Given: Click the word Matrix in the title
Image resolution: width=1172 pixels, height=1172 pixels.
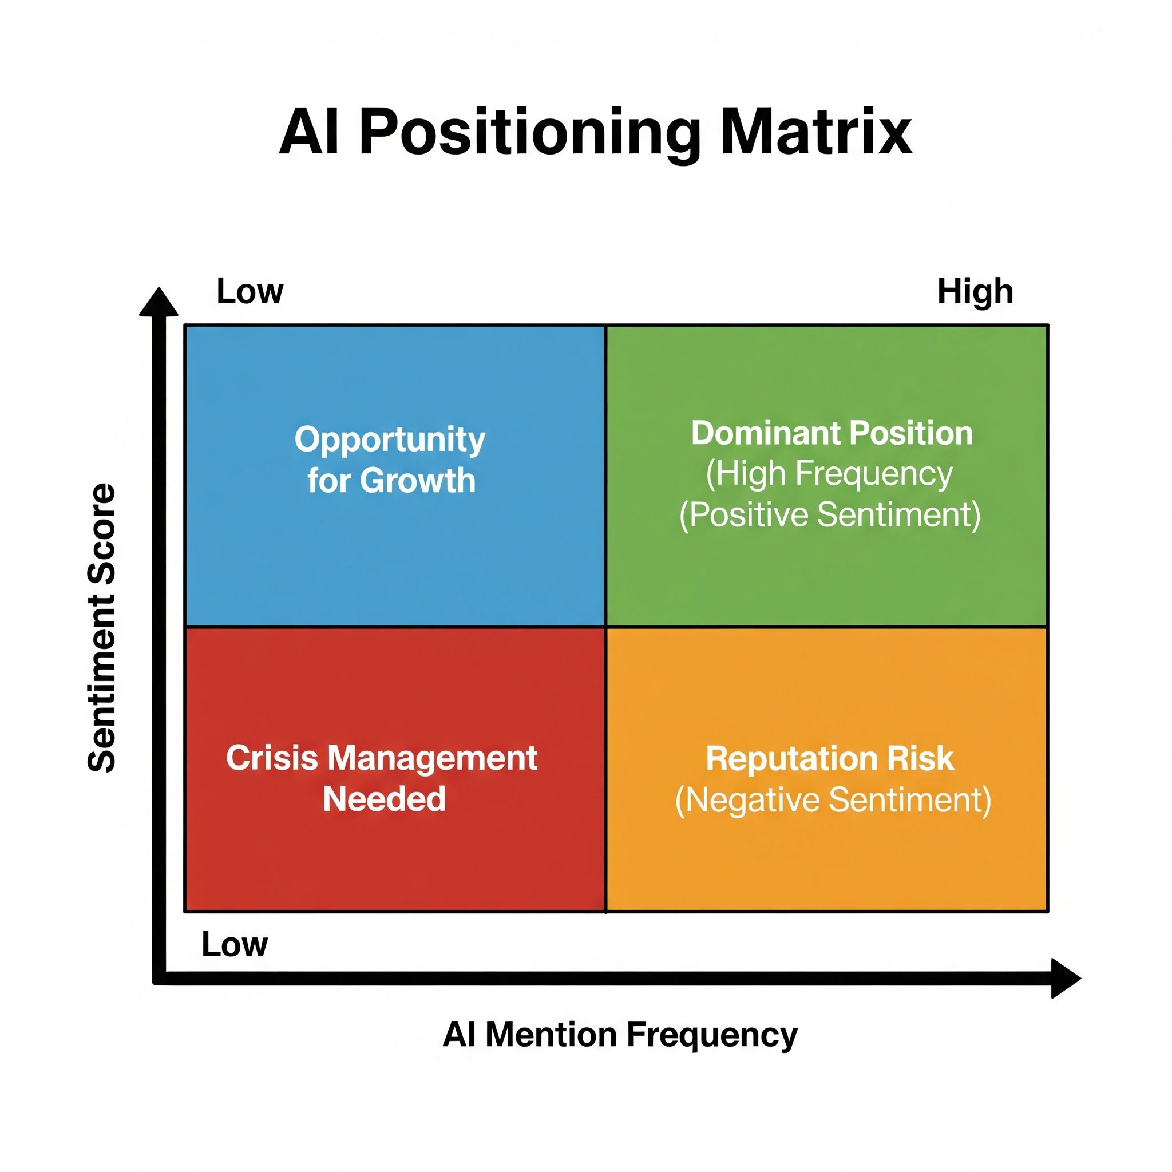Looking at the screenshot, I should pos(815,132).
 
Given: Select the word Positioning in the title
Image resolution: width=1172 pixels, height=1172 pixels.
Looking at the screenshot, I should pos(529,133).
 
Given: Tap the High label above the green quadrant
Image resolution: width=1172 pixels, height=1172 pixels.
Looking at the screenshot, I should pos(975,291).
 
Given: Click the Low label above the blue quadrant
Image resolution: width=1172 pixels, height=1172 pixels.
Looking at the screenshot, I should pos(250,291).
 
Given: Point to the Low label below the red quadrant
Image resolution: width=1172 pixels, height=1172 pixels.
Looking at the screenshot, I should pos(234,944).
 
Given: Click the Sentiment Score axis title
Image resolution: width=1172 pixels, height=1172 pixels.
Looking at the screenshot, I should pos(102,627).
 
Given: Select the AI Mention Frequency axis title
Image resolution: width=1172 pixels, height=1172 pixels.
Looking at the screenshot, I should pos(620,1035).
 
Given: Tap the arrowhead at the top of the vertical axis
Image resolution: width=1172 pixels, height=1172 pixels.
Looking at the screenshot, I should pos(159,302).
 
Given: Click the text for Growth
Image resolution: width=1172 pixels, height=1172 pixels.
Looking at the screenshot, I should pos(391,481).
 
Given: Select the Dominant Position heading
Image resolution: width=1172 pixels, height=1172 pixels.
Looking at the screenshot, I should pos(832,433).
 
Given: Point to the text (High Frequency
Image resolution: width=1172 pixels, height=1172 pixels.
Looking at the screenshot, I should pos(829,474).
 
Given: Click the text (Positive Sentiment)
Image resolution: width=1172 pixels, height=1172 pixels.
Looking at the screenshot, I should pos(829,515).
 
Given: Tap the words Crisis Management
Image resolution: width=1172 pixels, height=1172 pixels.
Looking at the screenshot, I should pos(382,758).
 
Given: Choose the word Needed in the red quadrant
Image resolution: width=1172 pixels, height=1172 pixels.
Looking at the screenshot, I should pos(384,799).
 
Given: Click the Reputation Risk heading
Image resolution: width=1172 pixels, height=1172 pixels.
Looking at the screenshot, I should pos(830,759).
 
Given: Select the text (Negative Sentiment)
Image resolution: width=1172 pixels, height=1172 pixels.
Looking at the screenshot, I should pos(833,800).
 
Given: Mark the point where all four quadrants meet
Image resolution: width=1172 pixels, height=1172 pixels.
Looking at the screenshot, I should pos(606,627).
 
